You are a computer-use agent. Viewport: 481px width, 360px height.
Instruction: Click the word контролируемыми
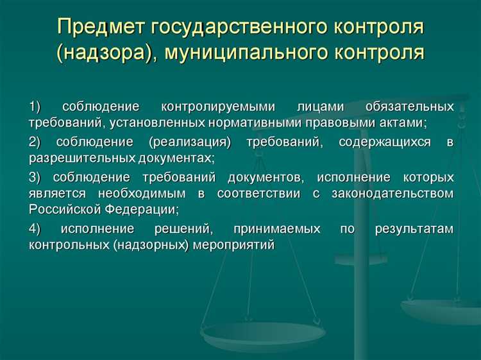point(219,106)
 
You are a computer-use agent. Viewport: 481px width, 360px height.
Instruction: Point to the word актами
point(406,121)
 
